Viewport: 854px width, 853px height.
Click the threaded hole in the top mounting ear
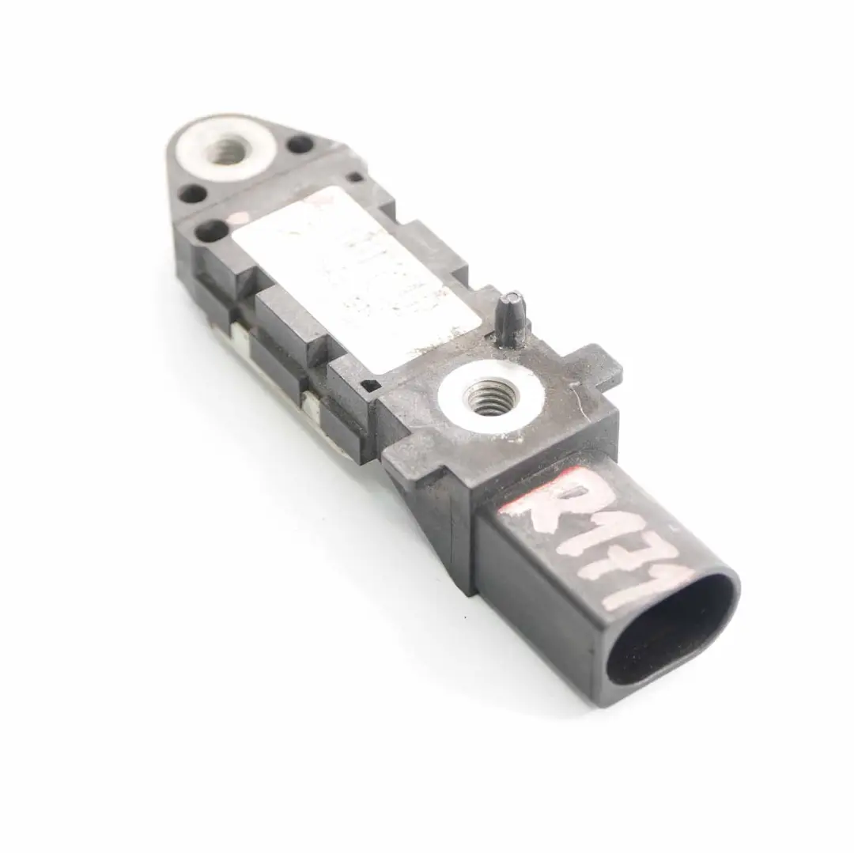227,150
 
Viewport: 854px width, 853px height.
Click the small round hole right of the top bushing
300,145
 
